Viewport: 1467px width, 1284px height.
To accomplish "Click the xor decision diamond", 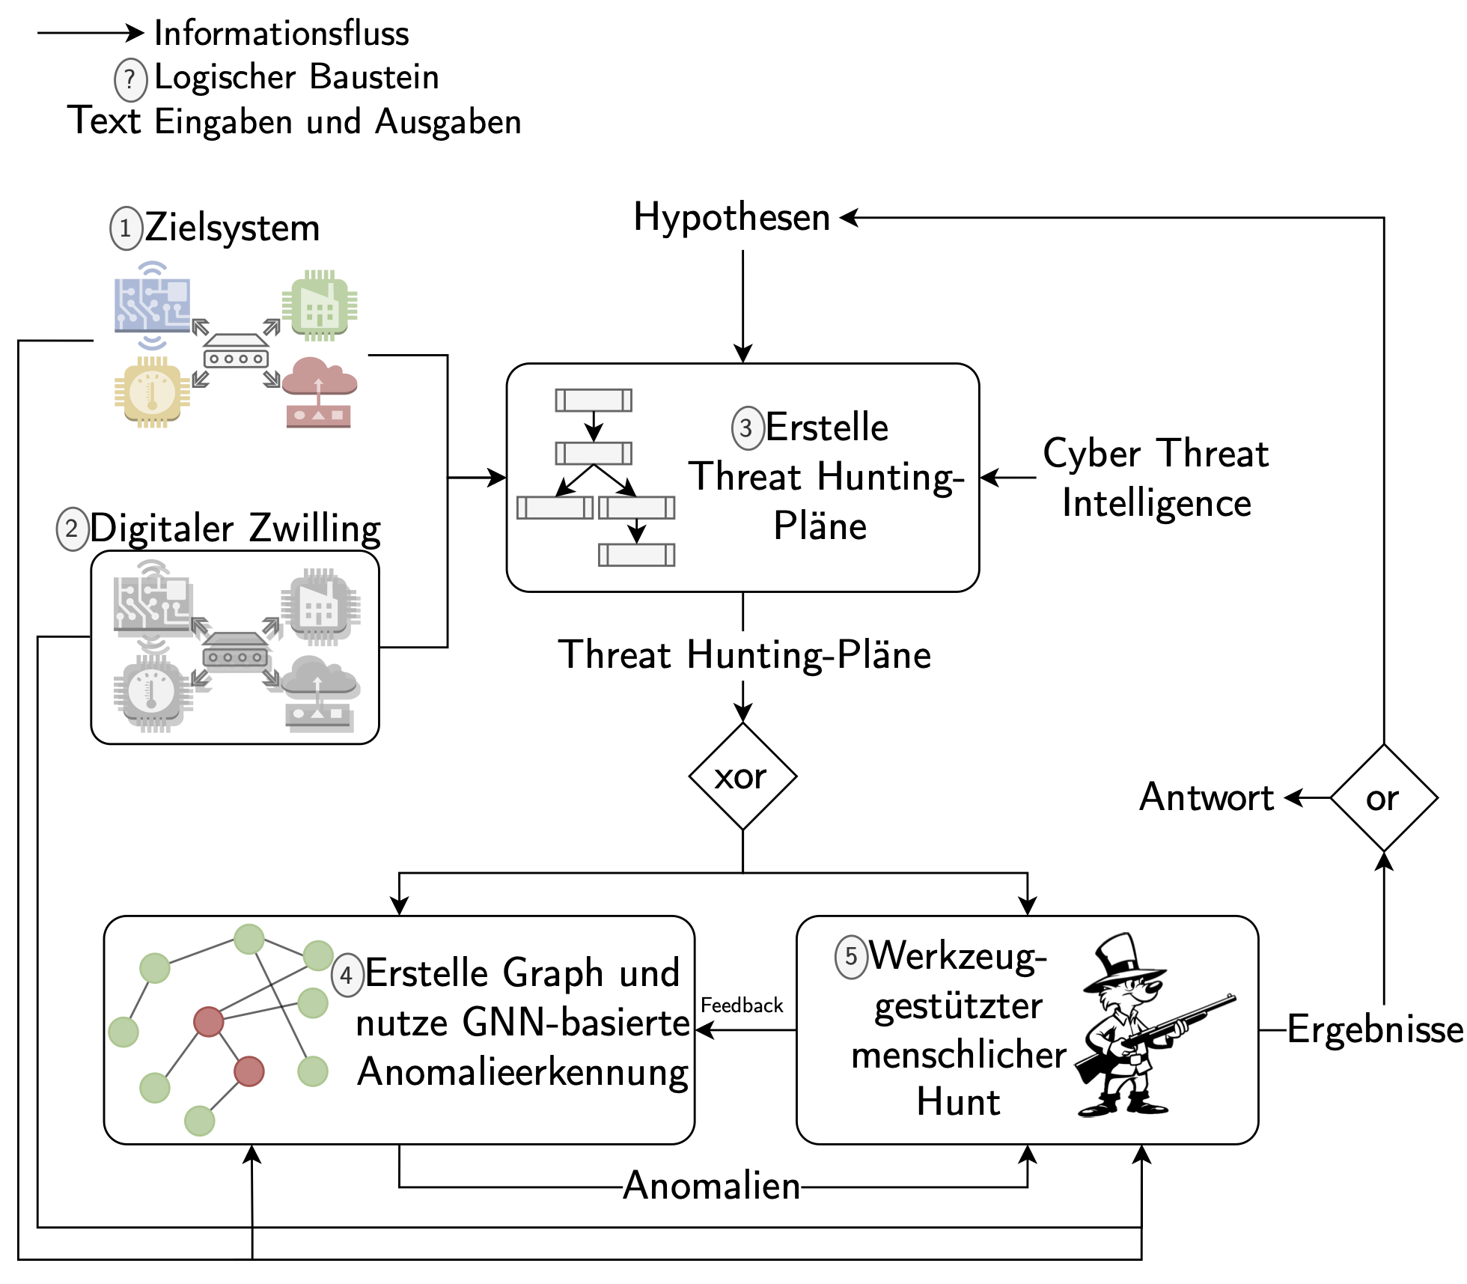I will [742, 776].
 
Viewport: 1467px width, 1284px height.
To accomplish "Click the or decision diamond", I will [1383, 798].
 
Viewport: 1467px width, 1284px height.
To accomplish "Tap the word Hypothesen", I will [731, 218].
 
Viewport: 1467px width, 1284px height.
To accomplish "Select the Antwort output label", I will [1206, 797].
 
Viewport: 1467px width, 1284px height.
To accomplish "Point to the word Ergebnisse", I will [1374, 1029].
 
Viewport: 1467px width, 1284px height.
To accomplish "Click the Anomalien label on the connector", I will [711, 1186].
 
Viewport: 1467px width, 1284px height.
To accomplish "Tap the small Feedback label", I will [742, 1005].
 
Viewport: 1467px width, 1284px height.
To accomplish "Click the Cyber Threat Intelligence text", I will [1156, 478].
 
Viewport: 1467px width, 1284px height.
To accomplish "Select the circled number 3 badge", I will [747, 428].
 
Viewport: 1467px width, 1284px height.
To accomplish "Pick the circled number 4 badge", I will [347, 975].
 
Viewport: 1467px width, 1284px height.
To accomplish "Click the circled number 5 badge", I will [851, 957].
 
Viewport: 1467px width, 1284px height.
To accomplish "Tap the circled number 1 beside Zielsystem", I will [126, 228].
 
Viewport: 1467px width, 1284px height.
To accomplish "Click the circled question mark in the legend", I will [130, 79].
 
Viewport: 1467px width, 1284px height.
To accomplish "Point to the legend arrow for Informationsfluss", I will [90, 33].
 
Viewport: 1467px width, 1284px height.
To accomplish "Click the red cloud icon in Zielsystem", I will [319, 392].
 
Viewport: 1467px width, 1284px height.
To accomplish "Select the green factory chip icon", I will [320, 305].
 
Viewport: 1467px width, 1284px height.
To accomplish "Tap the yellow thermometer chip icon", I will [152, 392].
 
